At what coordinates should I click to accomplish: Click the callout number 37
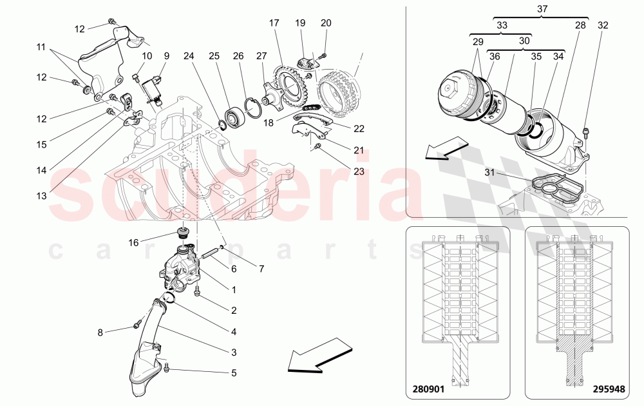point(542,9)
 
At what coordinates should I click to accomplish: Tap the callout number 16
point(133,242)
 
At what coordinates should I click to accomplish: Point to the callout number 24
point(189,56)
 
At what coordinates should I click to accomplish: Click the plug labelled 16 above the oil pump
point(183,233)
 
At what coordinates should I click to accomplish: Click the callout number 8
point(100,333)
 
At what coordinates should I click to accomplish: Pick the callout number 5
point(234,372)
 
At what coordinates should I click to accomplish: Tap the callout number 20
point(326,23)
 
